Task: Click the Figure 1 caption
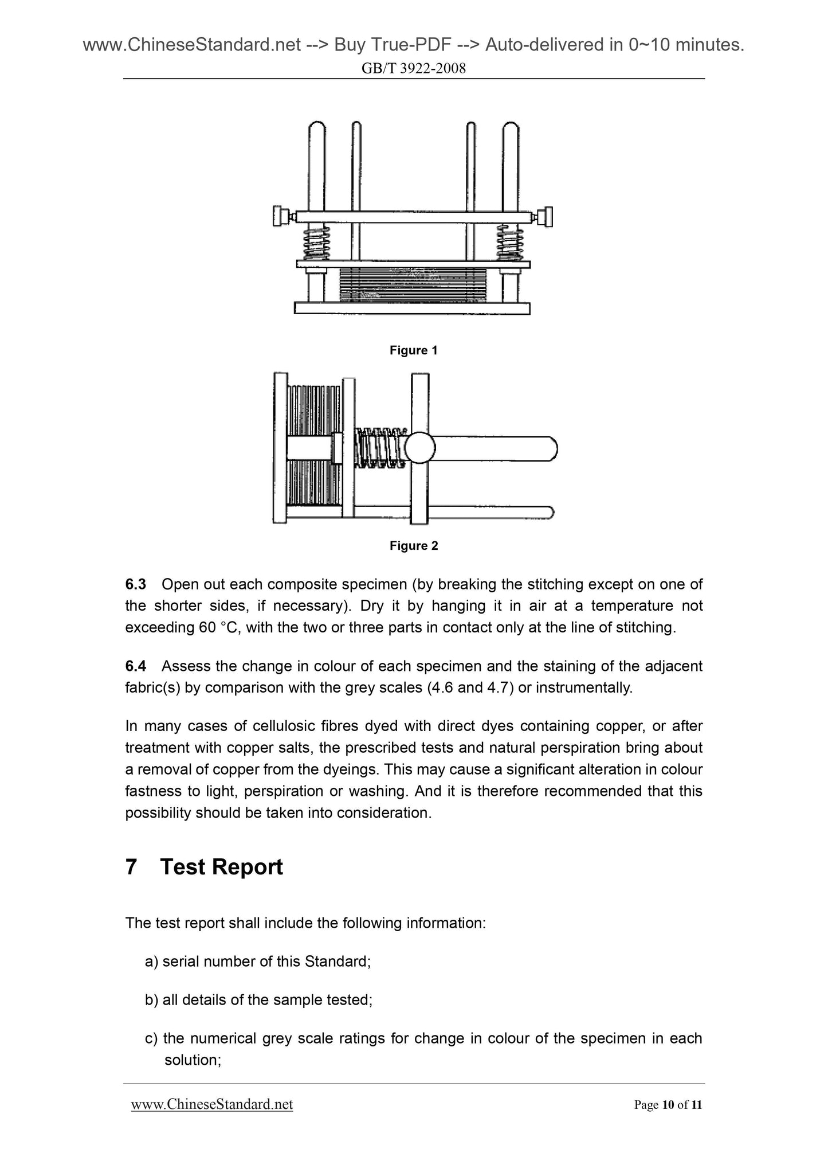pos(413,350)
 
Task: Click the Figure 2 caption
pos(413,546)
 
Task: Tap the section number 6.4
pos(136,666)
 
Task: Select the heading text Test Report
pos(221,867)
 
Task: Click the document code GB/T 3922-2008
pos(413,69)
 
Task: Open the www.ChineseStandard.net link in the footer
pos(212,1104)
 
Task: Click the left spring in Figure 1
pos(316,243)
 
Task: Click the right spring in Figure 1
pos(509,243)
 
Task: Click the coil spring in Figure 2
pos(380,447)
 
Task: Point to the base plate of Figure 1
pos(412,308)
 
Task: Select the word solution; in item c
pos(193,1060)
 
